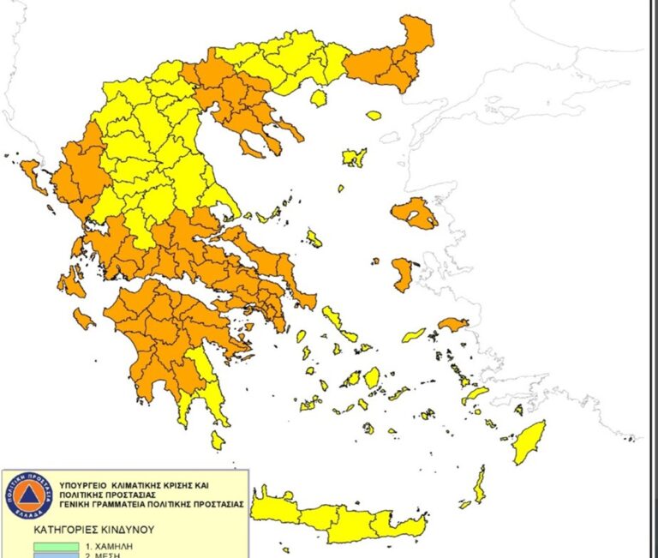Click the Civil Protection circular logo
[28, 495]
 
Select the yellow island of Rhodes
[529, 441]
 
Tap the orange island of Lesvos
[415, 213]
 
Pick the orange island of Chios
[402, 274]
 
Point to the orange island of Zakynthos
[82, 319]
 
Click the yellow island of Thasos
[319, 99]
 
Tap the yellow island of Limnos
[354, 158]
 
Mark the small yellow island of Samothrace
[374, 115]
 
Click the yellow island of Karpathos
[479, 484]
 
